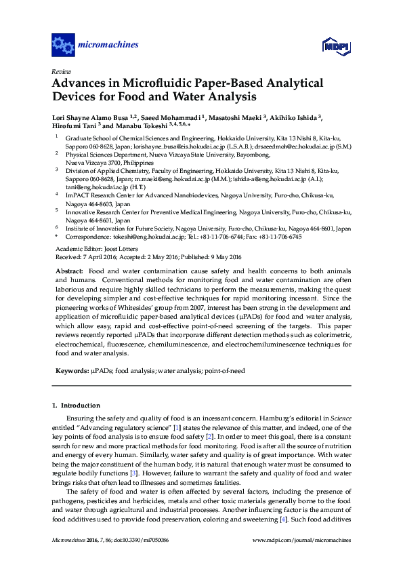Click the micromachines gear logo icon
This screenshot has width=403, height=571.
63,45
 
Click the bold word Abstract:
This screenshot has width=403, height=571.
68,270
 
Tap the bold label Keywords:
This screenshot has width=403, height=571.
72,372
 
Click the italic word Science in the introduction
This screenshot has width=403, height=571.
341,419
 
